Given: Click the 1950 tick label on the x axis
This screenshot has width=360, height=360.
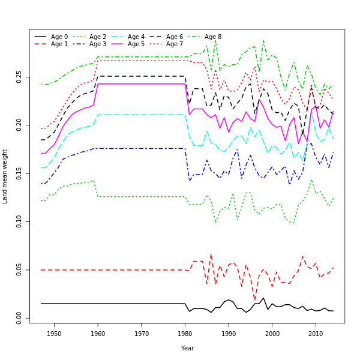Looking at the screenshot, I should tap(54, 334).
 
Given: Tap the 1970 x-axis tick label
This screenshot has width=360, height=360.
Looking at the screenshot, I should tap(142, 334).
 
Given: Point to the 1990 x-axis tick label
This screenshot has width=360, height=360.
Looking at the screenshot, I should tap(229, 334).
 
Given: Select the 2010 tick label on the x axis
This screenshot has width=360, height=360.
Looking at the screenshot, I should tap(316, 334).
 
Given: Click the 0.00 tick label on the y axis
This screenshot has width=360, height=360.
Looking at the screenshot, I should tap(19, 317).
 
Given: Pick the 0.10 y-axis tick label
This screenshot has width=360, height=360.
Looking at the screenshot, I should tap(19, 221).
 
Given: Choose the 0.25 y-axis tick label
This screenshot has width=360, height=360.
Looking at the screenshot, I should tap(19, 77).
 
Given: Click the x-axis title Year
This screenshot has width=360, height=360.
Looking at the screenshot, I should tap(187, 348).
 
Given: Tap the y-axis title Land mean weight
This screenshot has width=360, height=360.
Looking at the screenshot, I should tap(5, 176).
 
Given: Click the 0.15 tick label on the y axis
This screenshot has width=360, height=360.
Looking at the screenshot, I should tap(19, 173).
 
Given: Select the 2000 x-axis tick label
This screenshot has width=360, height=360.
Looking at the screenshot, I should tap(272, 334).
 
